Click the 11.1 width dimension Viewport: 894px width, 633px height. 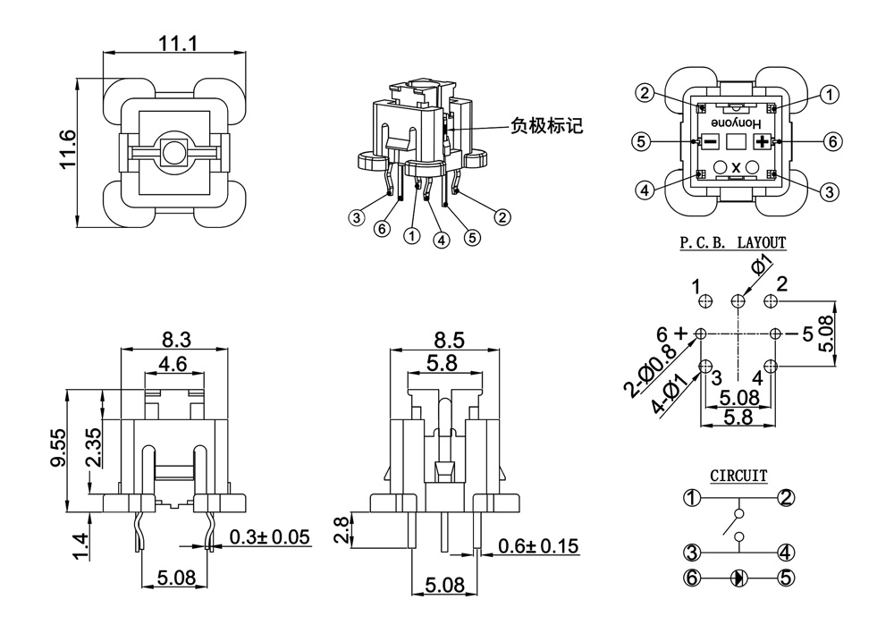tap(177, 43)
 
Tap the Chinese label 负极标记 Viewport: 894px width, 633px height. tap(546, 125)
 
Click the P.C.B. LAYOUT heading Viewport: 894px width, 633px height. tap(733, 242)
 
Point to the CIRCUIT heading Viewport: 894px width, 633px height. tap(738, 476)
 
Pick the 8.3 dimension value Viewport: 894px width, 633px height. tap(175, 340)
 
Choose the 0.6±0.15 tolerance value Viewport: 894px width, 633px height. tap(538, 545)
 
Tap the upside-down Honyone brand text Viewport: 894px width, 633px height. tap(735, 121)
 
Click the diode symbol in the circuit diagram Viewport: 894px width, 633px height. tap(738, 578)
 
